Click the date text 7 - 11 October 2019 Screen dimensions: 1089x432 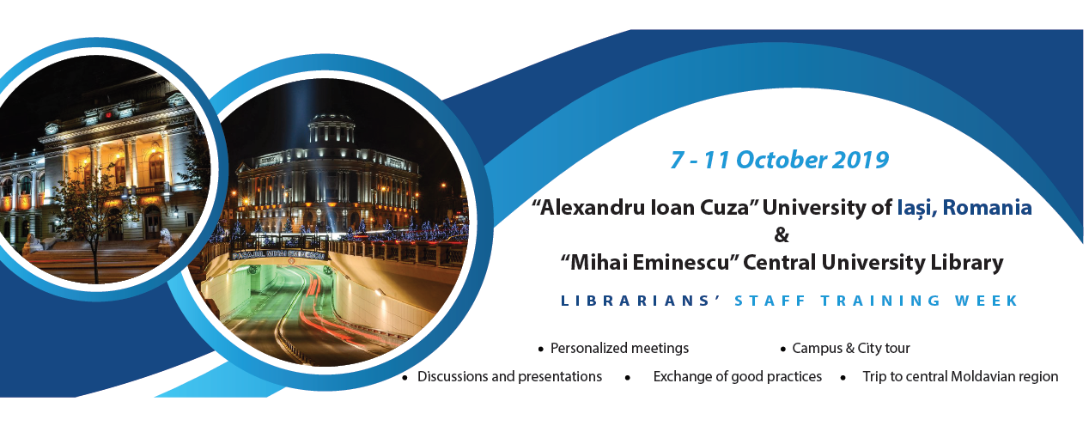[x=779, y=160]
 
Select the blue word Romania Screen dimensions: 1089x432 [x=987, y=208]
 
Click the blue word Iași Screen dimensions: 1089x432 [x=917, y=209]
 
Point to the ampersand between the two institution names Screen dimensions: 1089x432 [x=782, y=235]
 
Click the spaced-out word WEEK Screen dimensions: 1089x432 [x=986, y=301]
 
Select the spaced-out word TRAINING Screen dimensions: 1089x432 [x=880, y=301]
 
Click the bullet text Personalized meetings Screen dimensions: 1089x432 [x=619, y=349]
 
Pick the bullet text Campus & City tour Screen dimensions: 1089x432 [x=851, y=349]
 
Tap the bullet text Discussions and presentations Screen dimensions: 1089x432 [x=509, y=376]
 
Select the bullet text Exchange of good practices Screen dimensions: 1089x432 [x=738, y=376]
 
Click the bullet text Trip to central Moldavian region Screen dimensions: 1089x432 [x=960, y=376]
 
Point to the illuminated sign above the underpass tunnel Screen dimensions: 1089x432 [x=278, y=254]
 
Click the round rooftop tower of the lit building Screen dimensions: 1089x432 [x=332, y=129]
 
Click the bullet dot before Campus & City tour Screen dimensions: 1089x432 [x=782, y=350]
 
